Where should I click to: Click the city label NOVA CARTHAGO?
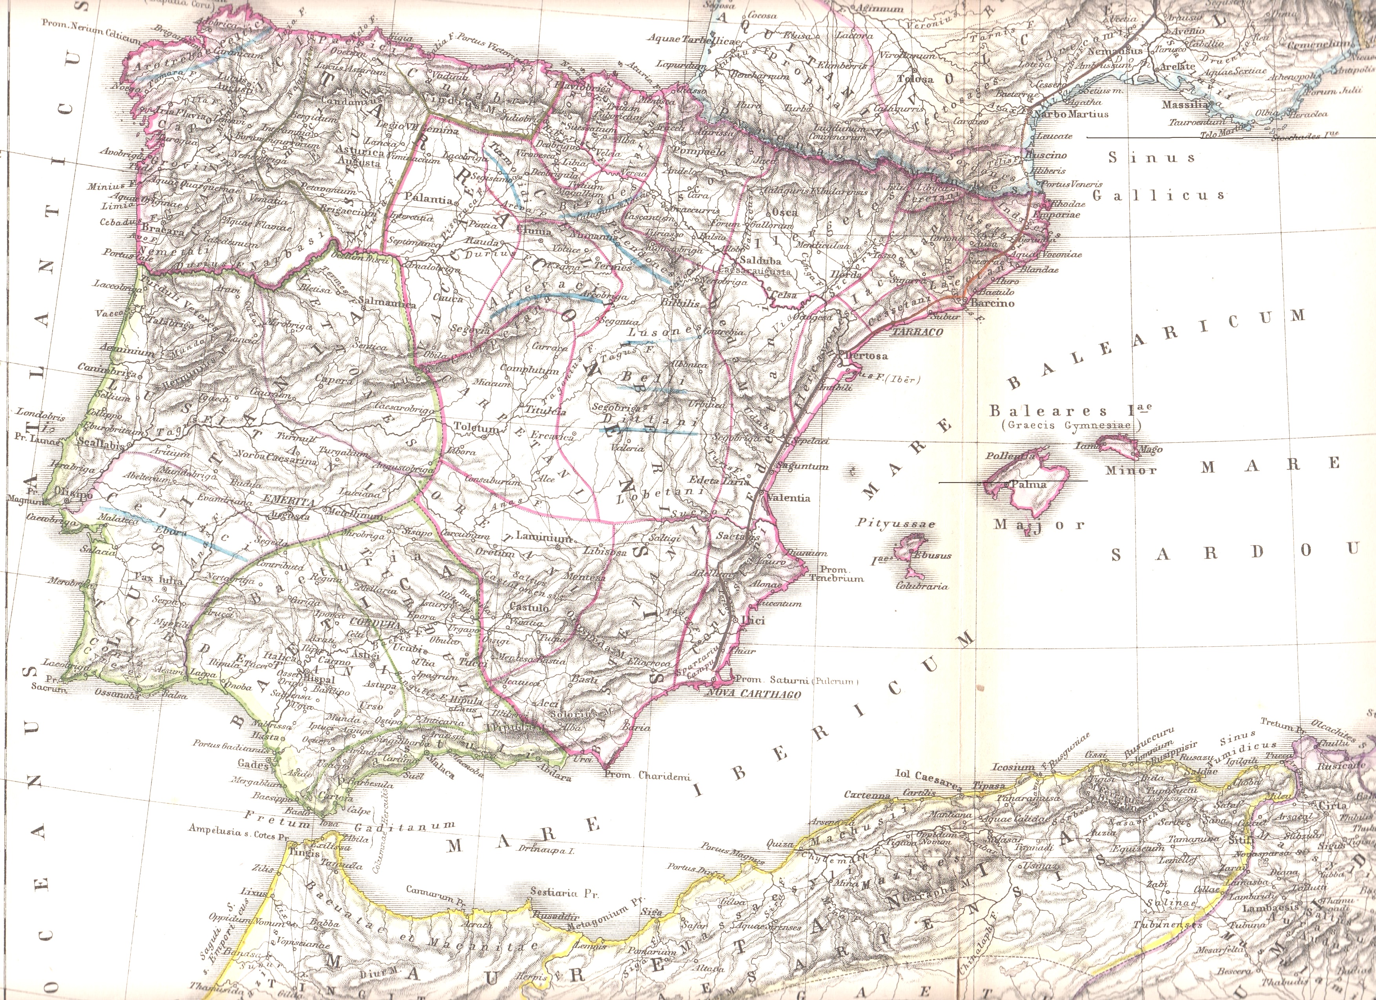coord(754,695)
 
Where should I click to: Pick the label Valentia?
coord(788,498)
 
